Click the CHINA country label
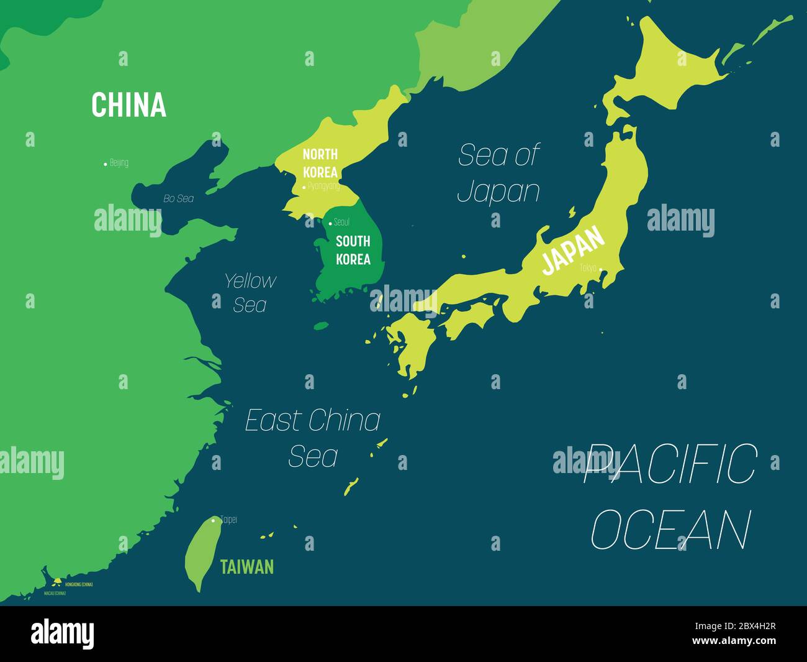(x=128, y=105)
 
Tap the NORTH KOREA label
(x=320, y=163)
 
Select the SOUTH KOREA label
(x=353, y=250)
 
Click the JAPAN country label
(x=572, y=251)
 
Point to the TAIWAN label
(x=246, y=567)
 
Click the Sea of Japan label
(x=498, y=173)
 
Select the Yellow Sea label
(x=250, y=292)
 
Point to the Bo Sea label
(x=178, y=199)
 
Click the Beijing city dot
(x=105, y=164)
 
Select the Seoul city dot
(x=330, y=223)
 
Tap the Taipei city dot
(x=213, y=520)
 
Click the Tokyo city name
(x=587, y=268)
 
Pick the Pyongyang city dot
(x=304, y=186)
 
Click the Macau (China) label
(x=55, y=594)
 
